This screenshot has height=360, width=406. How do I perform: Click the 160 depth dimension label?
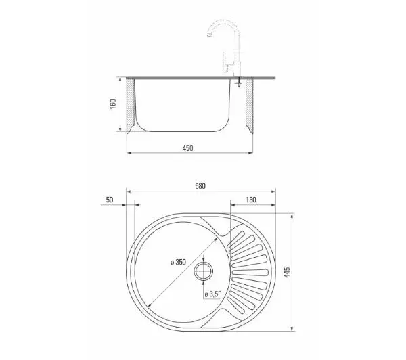[113, 104]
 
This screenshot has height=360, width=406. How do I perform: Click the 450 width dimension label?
[187, 148]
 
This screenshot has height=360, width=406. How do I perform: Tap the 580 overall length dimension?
[200, 186]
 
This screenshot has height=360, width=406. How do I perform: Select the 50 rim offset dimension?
[110, 200]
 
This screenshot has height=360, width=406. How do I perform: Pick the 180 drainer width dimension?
[251, 200]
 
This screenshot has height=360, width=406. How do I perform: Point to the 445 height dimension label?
[287, 272]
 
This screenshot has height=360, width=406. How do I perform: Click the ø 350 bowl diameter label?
[179, 262]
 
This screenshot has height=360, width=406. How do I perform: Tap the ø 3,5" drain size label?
[212, 294]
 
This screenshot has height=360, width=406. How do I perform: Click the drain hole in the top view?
[204, 271]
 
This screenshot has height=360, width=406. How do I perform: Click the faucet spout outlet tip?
[209, 35]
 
